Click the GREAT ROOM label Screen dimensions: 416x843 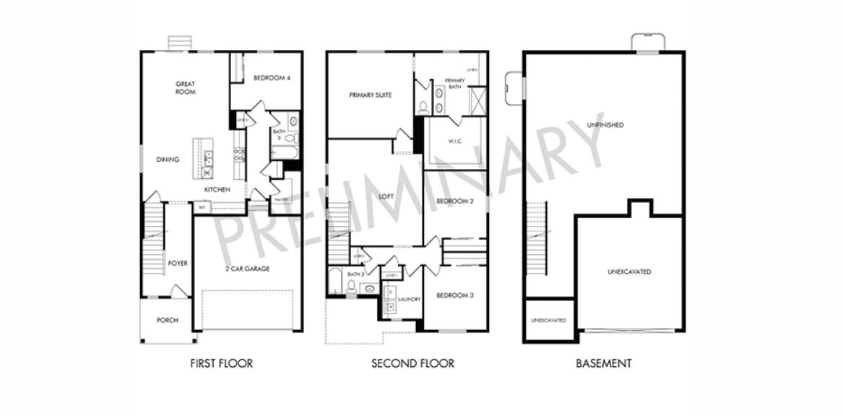click(x=185, y=87)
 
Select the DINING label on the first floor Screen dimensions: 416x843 click(x=168, y=160)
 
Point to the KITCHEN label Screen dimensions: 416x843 click(x=217, y=189)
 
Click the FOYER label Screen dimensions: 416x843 click(x=178, y=264)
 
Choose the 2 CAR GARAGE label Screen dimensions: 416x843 click(x=247, y=269)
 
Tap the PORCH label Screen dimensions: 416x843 click(x=167, y=320)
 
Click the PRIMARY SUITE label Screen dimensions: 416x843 click(x=370, y=95)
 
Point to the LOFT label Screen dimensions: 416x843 click(x=386, y=196)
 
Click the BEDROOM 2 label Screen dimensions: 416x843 click(x=455, y=201)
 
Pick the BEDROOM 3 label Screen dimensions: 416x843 click(x=455, y=296)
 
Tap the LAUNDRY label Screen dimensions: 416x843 click(x=409, y=299)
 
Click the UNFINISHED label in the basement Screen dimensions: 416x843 click(x=605, y=125)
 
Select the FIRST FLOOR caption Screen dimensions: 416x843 click(x=221, y=363)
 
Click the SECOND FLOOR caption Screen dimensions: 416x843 click(x=412, y=363)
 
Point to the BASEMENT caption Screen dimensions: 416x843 click(x=603, y=363)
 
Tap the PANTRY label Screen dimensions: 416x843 click(x=281, y=200)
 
